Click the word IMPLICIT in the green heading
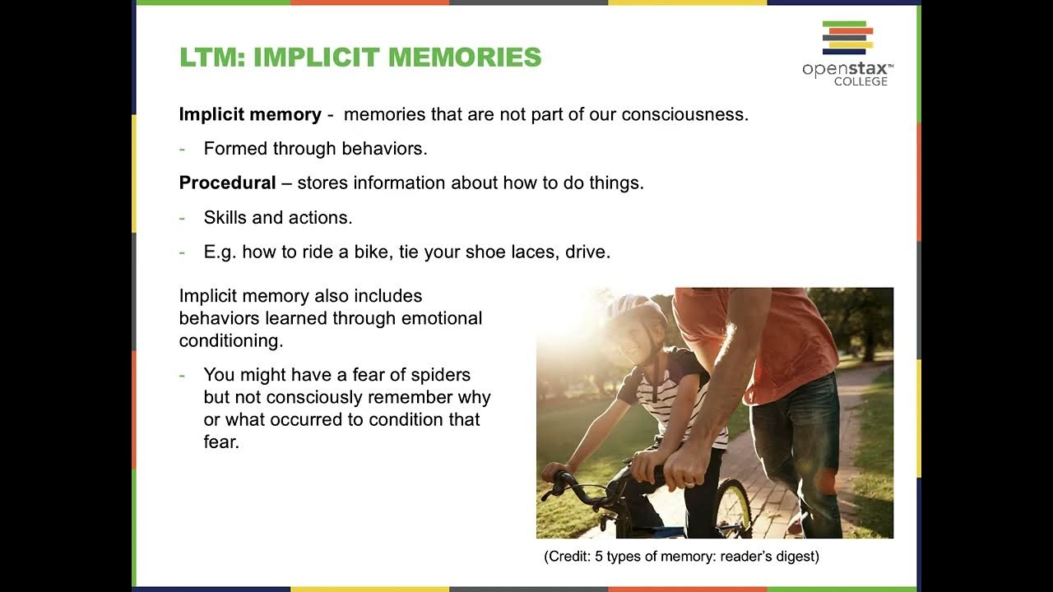point(317,58)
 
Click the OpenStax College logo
point(847,53)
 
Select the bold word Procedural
point(228,183)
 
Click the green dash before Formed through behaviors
point(183,150)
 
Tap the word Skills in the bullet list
point(225,218)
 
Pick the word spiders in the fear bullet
point(441,375)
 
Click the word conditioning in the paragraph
point(230,340)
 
